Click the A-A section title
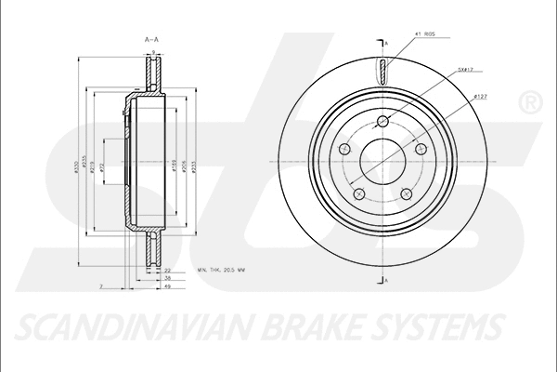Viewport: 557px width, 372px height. [x=150, y=39]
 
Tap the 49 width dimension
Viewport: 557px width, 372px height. [x=167, y=287]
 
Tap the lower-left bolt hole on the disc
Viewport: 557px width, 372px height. [x=358, y=193]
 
